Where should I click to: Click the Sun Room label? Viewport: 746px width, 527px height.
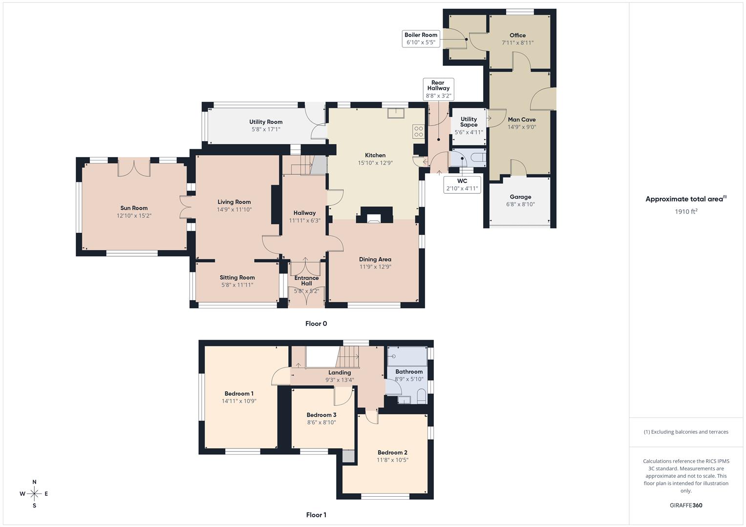click(134, 208)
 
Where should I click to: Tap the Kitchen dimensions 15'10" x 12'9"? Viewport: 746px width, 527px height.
click(375, 163)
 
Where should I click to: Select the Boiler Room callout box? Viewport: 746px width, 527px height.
click(421, 39)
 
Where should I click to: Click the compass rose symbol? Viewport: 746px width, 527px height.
click(34, 494)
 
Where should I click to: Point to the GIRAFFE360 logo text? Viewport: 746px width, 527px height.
click(686, 505)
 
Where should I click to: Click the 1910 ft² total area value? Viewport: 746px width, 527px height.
click(686, 211)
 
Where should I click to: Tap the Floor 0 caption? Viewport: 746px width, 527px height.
click(316, 324)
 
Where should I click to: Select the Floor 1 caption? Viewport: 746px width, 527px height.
click(316, 515)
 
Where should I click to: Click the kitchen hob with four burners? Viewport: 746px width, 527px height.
click(419, 131)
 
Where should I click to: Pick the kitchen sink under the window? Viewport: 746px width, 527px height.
click(395, 113)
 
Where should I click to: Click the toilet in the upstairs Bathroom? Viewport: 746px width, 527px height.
click(422, 396)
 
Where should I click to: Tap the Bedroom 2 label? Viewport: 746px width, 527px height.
click(392, 452)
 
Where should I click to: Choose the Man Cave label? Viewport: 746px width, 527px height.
click(522, 120)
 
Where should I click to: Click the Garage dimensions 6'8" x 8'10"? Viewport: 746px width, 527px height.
click(520, 204)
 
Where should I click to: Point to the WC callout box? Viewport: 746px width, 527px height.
click(462, 184)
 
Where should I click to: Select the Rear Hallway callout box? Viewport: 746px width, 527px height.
click(438, 89)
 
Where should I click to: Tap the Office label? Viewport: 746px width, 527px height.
click(517, 35)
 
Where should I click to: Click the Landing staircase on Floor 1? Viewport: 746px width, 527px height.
click(348, 357)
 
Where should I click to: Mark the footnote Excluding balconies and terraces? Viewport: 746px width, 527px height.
click(686, 432)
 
